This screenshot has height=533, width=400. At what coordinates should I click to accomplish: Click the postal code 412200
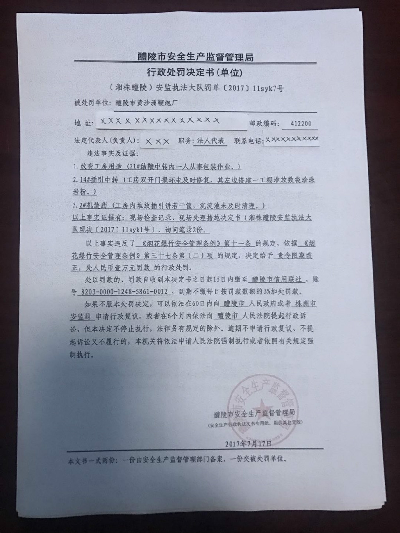[x=301, y=124]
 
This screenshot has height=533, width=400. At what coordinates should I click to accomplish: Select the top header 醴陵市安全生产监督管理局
[x=195, y=57]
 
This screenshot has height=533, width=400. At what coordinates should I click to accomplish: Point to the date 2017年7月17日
[x=248, y=444]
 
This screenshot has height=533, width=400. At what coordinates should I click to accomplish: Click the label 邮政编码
[x=264, y=124]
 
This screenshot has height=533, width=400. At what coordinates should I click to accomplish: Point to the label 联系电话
[x=248, y=141]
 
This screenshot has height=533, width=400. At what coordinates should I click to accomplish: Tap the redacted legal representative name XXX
[x=157, y=142]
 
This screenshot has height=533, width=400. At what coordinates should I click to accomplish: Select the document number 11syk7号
[x=268, y=89]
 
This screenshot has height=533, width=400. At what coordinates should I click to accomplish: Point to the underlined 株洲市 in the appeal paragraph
[x=306, y=303]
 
